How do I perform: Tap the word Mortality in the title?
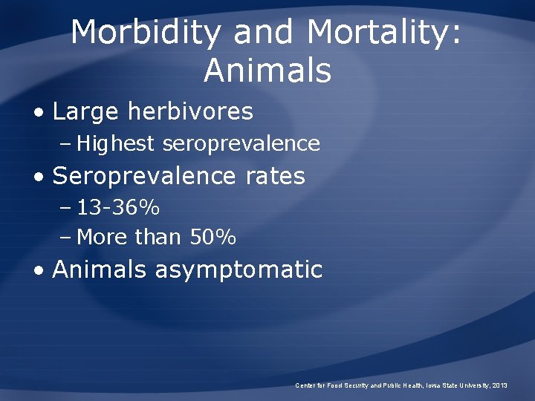click(x=384, y=33)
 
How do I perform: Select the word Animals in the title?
click(x=267, y=71)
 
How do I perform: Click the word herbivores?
click(x=191, y=112)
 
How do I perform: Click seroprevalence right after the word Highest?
click(x=241, y=144)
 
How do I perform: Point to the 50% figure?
click(x=213, y=238)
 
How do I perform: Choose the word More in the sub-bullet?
click(x=101, y=238)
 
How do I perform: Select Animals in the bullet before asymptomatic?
click(x=100, y=270)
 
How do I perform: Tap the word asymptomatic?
click(x=239, y=270)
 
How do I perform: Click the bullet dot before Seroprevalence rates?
click(x=39, y=177)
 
